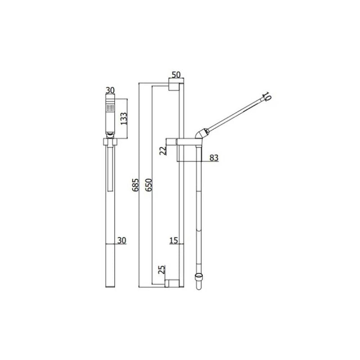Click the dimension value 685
135,184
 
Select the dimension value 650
149,184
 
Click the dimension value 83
214,157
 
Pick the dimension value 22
163,150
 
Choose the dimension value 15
173,241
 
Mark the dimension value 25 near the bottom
162,270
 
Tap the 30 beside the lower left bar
121,241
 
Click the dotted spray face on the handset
110,108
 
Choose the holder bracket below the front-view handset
110,143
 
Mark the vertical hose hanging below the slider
198,207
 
